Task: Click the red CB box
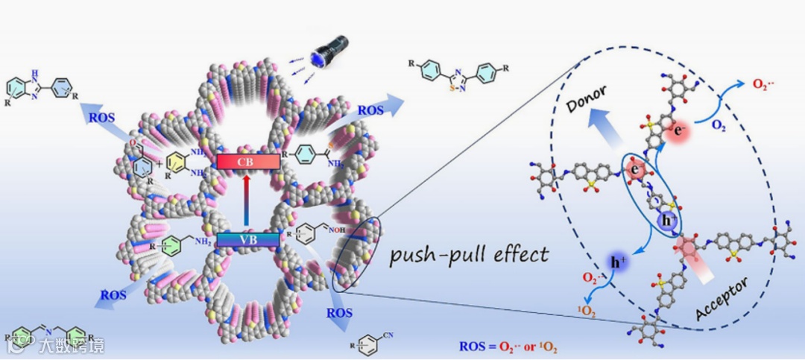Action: point(248,161)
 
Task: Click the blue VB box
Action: point(247,240)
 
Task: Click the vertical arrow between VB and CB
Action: point(247,200)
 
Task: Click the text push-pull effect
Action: point(470,254)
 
